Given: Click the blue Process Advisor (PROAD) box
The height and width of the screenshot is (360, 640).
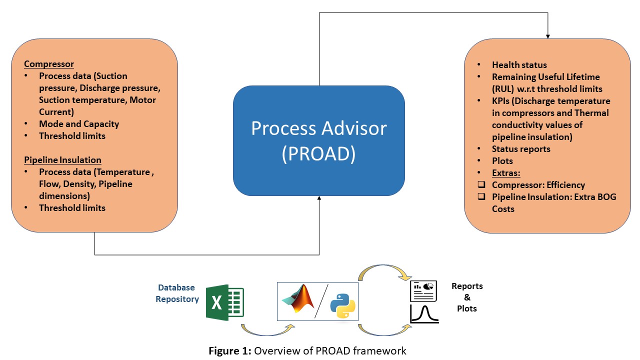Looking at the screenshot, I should (318, 141).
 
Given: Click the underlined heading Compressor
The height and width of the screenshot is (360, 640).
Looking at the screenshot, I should (49, 64).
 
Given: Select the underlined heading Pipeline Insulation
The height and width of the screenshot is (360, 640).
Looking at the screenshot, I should (62, 160).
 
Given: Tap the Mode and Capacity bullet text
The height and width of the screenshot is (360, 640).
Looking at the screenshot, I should (79, 123).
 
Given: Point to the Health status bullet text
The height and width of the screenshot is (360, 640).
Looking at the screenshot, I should (519, 65).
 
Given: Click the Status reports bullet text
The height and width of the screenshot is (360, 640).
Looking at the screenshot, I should (521, 149).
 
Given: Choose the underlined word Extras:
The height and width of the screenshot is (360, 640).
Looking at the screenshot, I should (506, 173).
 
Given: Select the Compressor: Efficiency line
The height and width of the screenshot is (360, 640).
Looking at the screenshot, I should (538, 185).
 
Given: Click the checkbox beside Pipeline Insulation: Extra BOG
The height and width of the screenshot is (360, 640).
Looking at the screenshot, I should (481, 197).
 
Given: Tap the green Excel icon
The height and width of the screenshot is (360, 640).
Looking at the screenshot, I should (225, 302).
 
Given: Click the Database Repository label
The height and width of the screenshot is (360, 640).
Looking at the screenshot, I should (177, 293).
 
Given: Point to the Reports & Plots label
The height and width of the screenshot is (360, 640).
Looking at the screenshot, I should (467, 297).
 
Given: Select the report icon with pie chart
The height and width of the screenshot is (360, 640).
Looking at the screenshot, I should (423, 291).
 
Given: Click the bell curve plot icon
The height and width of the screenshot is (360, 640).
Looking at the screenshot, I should (424, 313).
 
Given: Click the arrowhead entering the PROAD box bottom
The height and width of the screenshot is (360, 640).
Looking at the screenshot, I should (319, 199).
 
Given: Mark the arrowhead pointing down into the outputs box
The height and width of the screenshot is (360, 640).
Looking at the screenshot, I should (548, 36).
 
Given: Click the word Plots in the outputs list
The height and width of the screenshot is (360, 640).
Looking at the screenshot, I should (502, 161).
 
